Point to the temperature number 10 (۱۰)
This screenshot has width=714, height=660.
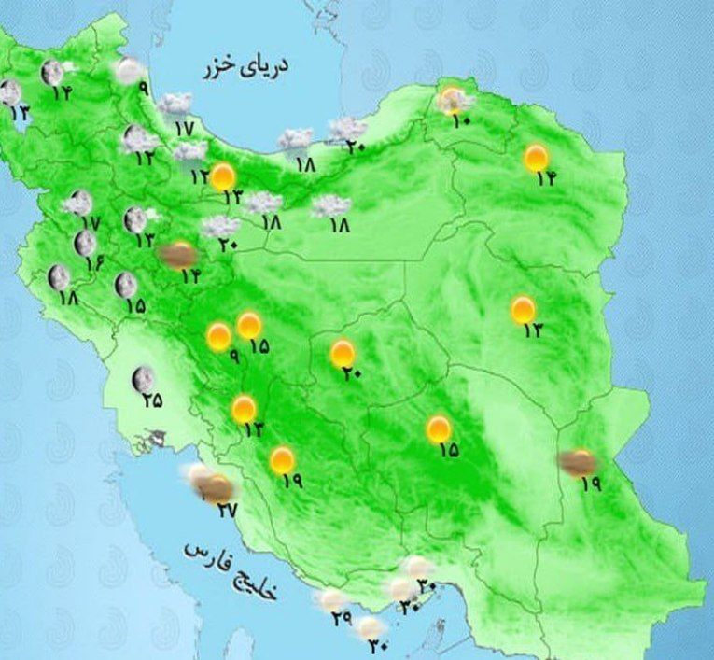[458, 120]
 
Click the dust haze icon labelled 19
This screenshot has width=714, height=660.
[578, 461]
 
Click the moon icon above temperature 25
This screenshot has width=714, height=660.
[143, 379]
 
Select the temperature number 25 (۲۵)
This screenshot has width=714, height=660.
[152, 400]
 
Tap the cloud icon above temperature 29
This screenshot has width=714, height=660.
[331, 599]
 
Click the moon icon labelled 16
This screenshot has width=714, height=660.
[85, 243]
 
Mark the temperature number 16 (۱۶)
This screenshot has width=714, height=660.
[94, 263]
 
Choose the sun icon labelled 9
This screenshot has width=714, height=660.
[219, 336]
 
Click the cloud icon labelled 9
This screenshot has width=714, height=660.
[129, 69]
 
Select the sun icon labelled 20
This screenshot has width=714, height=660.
[343, 353]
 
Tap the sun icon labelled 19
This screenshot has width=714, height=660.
[281, 460]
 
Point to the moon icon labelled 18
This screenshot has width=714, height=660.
[59, 276]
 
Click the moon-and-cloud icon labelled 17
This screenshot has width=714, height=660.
[80, 202]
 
